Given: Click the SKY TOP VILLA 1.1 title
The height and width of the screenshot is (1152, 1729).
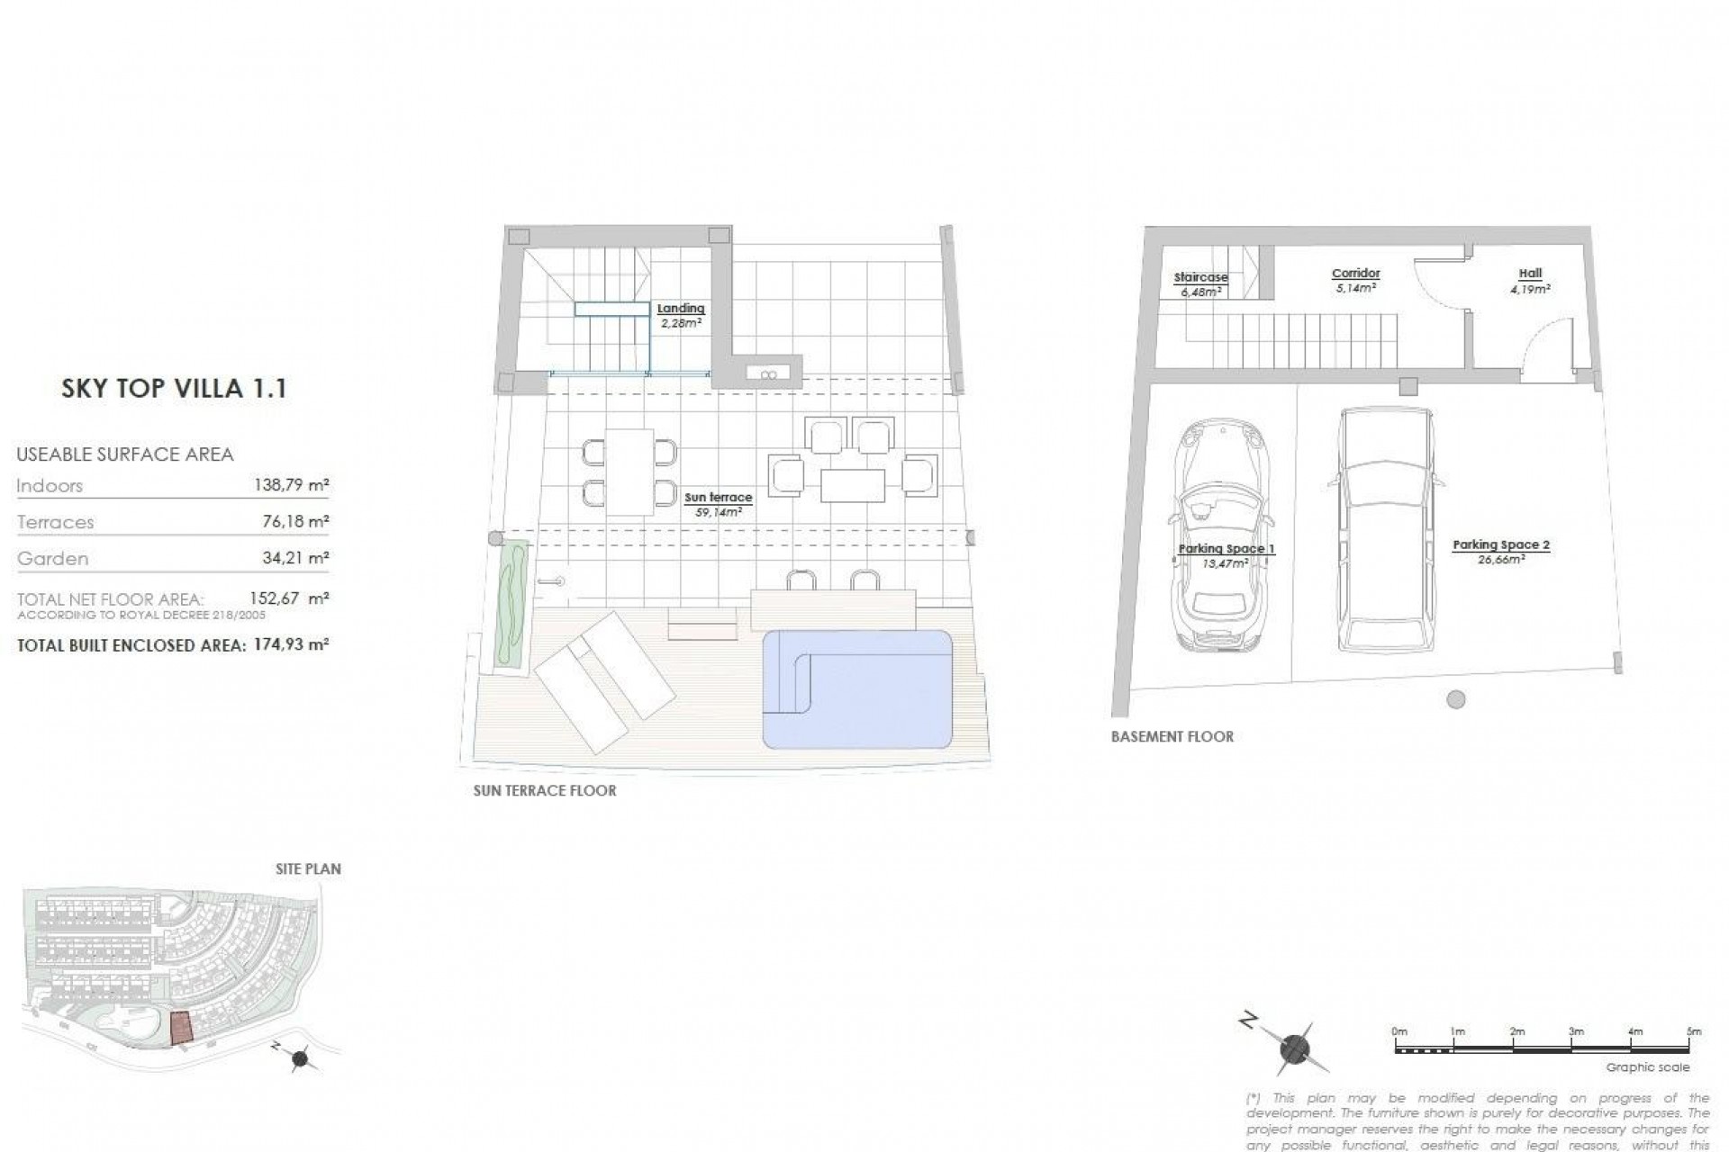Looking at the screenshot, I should click(174, 389).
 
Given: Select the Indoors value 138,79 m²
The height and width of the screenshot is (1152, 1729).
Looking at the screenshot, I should click(292, 486).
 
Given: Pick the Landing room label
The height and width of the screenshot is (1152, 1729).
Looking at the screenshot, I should click(681, 315).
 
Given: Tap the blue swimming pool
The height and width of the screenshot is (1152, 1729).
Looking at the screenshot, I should click(857, 688).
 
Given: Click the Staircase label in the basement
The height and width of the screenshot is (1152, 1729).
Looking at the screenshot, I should click(1201, 284).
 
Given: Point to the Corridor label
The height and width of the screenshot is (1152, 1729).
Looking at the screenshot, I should click(1355, 280).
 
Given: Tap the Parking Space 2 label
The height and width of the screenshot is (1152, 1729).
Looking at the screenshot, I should click(1500, 551).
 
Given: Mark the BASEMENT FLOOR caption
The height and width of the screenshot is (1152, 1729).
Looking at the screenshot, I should click(1172, 736).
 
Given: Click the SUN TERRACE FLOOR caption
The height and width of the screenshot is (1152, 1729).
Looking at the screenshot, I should click(545, 791).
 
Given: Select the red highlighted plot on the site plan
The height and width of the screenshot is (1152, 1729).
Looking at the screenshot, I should click(182, 1027).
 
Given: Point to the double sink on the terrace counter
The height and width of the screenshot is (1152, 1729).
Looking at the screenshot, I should click(767, 374).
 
